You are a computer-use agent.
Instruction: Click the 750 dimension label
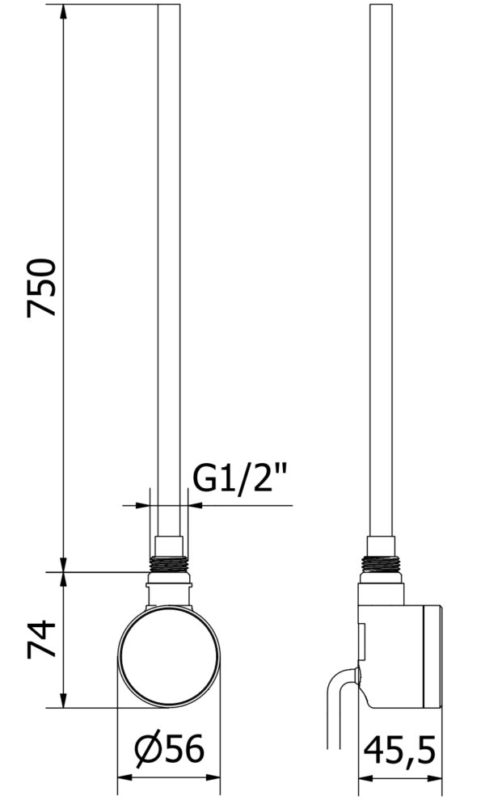[41, 288]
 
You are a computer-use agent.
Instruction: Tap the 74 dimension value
[41, 639]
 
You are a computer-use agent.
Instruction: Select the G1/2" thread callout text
[240, 478]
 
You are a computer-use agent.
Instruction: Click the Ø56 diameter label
[170, 749]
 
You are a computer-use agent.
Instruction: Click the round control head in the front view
[169, 657]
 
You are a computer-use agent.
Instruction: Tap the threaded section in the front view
[169, 564]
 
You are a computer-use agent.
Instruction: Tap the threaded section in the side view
[381, 562]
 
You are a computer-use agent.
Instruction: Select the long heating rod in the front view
[169, 271]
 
